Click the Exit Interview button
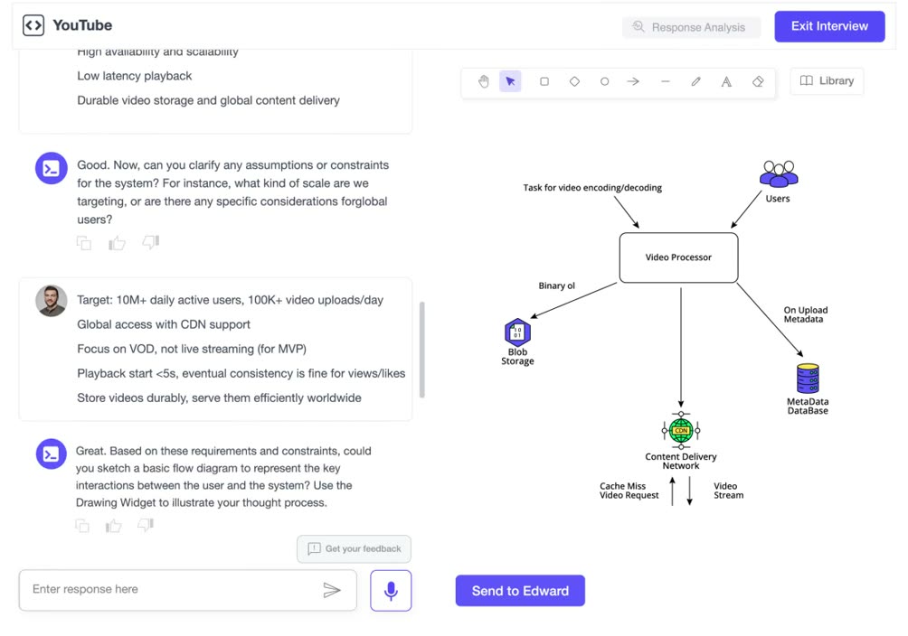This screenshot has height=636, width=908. click(829, 26)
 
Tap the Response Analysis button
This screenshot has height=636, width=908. click(691, 27)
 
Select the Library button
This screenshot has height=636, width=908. click(827, 81)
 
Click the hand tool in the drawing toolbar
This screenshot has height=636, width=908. click(484, 81)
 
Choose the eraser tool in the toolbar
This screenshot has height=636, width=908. click(758, 81)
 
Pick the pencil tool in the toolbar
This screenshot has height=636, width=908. click(695, 81)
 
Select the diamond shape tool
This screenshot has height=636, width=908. click(574, 81)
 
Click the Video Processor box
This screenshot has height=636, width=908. click(678, 257)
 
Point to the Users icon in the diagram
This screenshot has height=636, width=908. click(779, 173)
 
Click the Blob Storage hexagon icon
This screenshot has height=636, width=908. click(517, 332)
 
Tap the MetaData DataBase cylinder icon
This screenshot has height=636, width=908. click(808, 379)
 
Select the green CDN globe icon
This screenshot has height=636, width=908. click(681, 431)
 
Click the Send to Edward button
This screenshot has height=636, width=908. click(520, 591)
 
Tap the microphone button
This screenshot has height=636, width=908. click(391, 590)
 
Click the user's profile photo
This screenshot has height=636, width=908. click(51, 301)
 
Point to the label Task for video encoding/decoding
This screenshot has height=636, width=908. click(592, 188)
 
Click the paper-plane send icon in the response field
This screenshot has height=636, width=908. click(332, 590)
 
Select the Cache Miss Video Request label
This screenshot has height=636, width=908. click(629, 491)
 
